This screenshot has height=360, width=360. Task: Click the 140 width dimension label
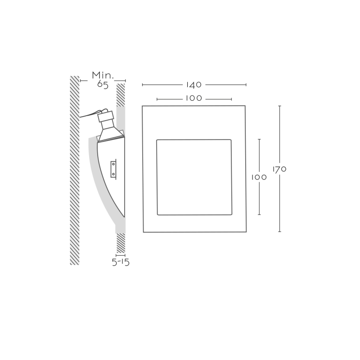(194, 85)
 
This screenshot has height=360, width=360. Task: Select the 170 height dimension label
(279, 169)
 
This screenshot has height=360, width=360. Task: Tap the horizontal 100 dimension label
(194, 98)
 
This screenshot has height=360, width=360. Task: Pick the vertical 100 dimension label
(259, 177)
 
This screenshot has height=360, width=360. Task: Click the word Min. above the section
(103, 75)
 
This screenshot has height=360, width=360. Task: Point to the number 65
(103, 85)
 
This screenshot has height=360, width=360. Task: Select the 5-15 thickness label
(121, 262)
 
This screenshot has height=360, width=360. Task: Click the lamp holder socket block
(106, 117)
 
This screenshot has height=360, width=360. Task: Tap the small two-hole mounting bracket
(113, 169)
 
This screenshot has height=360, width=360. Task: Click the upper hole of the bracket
(113, 164)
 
